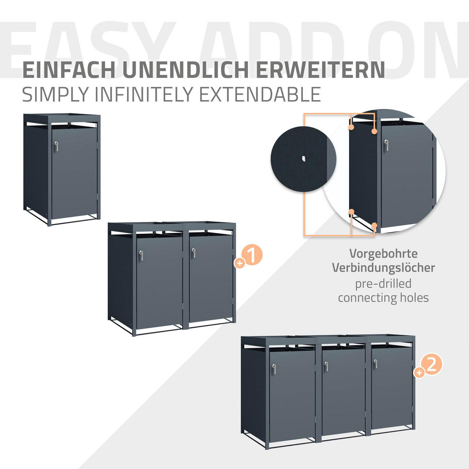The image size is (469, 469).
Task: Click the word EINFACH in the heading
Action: click(x=69, y=70)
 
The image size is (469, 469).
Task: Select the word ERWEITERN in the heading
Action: click(x=320, y=70)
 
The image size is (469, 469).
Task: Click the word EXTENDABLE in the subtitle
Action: click(x=260, y=94)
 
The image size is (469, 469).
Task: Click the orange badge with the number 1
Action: click(x=252, y=255)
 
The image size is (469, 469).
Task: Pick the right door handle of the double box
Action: click(x=193, y=253)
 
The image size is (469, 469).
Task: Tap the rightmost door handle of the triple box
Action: click(x=376, y=364)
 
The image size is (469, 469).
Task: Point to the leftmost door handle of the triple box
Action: click(x=274, y=369)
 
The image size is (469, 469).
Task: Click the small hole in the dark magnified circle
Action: click(x=303, y=159)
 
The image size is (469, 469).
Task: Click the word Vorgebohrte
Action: click(x=383, y=254)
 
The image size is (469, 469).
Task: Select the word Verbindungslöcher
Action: click(x=383, y=268)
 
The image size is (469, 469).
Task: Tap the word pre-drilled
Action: click(x=383, y=284)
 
